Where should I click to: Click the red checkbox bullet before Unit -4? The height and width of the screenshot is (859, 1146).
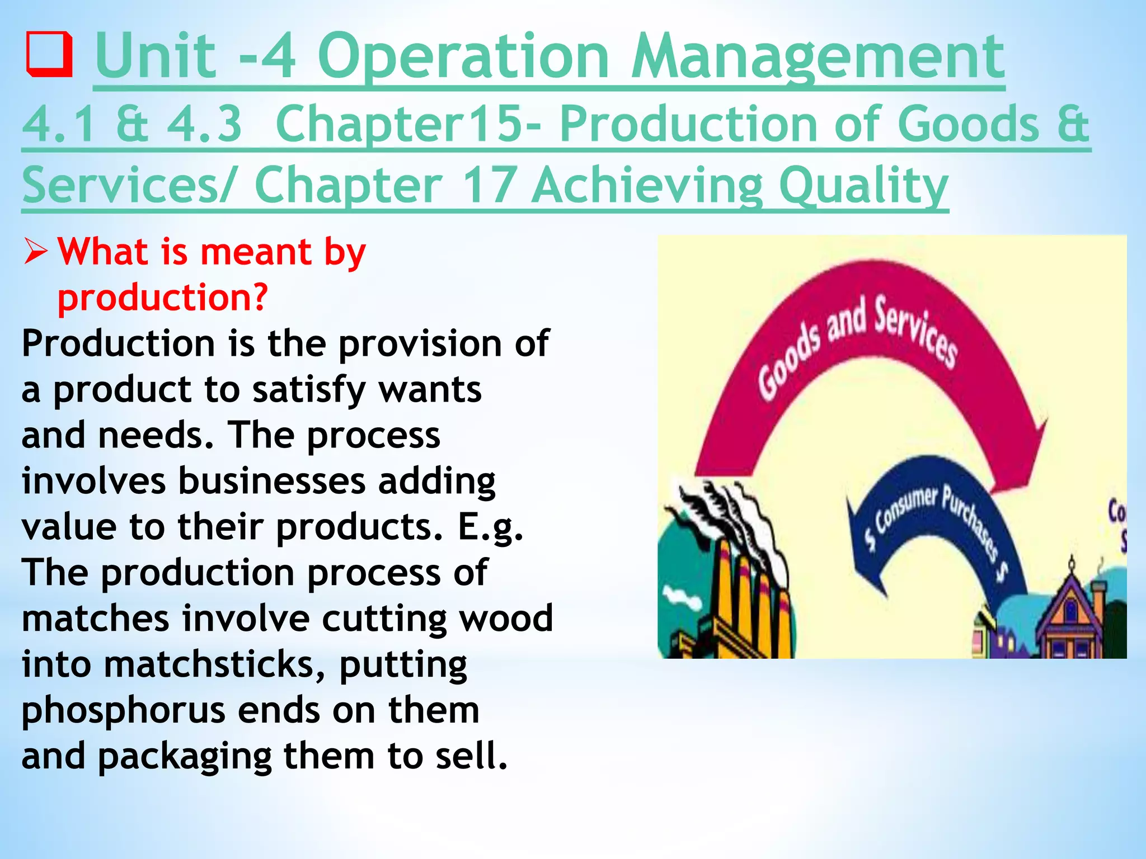pyautogui.click(x=49, y=55)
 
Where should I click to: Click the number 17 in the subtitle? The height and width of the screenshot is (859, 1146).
pyautogui.click(x=488, y=186)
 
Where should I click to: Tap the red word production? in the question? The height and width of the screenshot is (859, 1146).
pyautogui.click(x=163, y=298)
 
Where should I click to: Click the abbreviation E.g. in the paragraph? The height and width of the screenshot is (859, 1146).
pyautogui.click(x=490, y=527)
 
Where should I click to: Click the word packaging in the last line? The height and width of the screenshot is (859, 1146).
pyautogui.click(x=185, y=757)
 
